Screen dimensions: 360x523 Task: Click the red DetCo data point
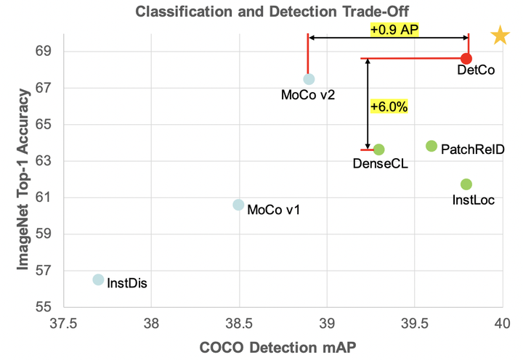(x=466, y=58)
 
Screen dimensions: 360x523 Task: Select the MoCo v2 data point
(x=309, y=79)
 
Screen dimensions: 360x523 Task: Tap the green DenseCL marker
(x=378, y=150)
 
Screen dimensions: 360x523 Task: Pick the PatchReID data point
(x=431, y=146)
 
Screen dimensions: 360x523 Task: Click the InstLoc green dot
(x=466, y=184)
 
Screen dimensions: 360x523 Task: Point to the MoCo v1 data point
(x=238, y=205)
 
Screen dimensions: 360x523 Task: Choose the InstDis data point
(x=99, y=279)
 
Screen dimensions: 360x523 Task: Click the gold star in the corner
(x=500, y=36)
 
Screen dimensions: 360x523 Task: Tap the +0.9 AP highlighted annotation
(x=395, y=30)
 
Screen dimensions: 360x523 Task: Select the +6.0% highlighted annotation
(x=389, y=106)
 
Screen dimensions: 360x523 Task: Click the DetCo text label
(x=476, y=71)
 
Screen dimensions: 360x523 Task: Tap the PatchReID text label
(x=472, y=150)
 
